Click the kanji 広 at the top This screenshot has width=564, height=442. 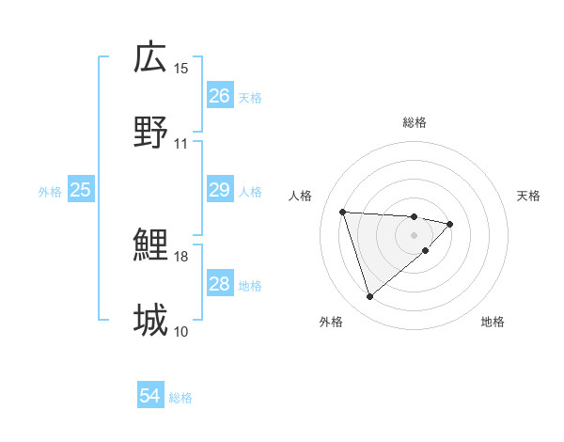pyautogui.click(x=150, y=58)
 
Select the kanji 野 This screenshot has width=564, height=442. pyautogui.click(x=150, y=133)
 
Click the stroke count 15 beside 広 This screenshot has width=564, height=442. pyautogui.click(x=181, y=69)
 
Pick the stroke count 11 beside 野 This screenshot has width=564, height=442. pyautogui.click(x=181, y=144)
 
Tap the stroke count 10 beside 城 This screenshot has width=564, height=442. pyautogui.click(x=181, y=331)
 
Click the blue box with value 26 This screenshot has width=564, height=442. pyautogui.click(x=219, y=96)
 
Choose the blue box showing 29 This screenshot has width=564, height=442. pyautogui.click(x=219, y=190)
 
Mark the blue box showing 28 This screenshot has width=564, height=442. pyautogui.click(x=219, y=284)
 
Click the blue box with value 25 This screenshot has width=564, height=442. pyautogui.click(x=80, y=190)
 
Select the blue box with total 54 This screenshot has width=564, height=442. pyautogui.click(x=149, y=397)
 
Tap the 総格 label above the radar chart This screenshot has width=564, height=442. pyautogui.click(x=415, y=122)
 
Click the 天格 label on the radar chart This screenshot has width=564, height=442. pyautogui.click(x=529, y=196)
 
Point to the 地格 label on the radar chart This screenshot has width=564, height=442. pyautogui.click(x=493, y=322)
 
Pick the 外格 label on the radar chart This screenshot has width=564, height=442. pyautogui.click(x=331, y=322)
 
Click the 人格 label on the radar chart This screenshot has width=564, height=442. pyautogui.click(x=301, y=196)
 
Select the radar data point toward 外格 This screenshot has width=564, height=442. pyautogui.click(x=369, y=297)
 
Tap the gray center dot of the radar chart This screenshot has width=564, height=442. pyautogui.click(x=415, y=234)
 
